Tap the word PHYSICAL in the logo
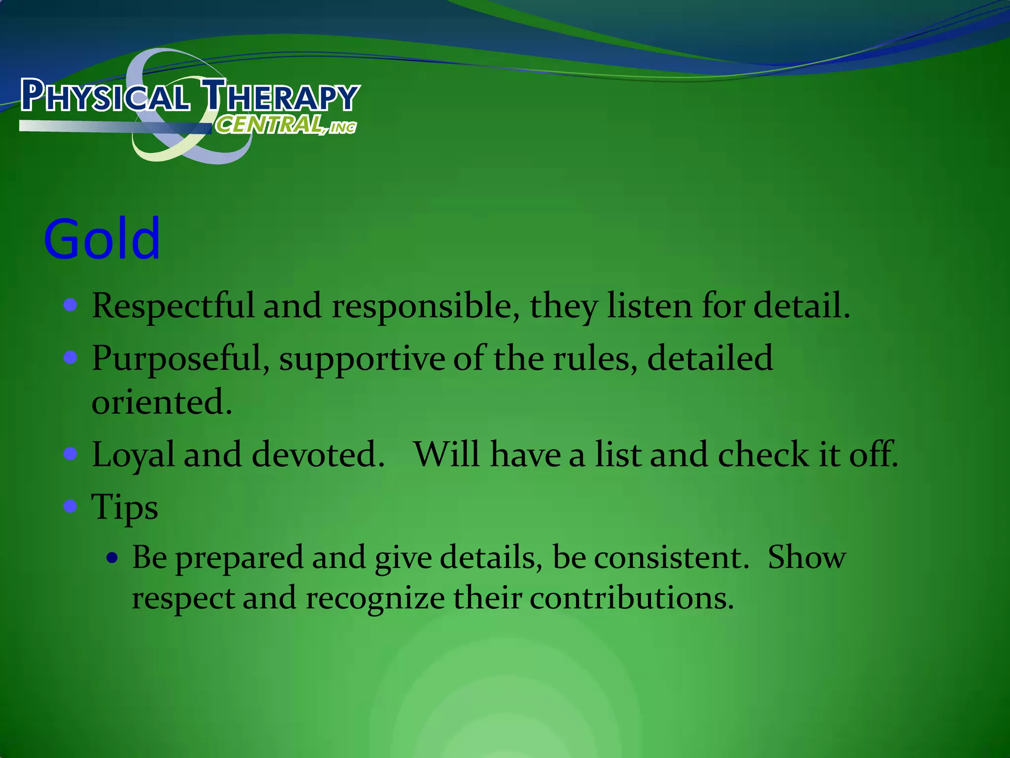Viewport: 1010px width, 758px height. point(105,95)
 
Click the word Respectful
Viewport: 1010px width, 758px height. point(173,305)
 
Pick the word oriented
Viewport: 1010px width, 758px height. point(161,402)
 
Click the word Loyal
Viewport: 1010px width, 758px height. point(133,455)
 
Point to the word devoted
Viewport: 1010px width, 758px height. point(318,454)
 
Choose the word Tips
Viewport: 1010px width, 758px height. point(125,507)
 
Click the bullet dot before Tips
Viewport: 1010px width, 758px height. point(71,506)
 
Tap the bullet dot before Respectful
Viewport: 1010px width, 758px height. point(71,304)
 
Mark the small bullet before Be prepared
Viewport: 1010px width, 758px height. point(113,558)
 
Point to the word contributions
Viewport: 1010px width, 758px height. point(632,598)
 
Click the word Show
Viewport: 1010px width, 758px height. point(807,558)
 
